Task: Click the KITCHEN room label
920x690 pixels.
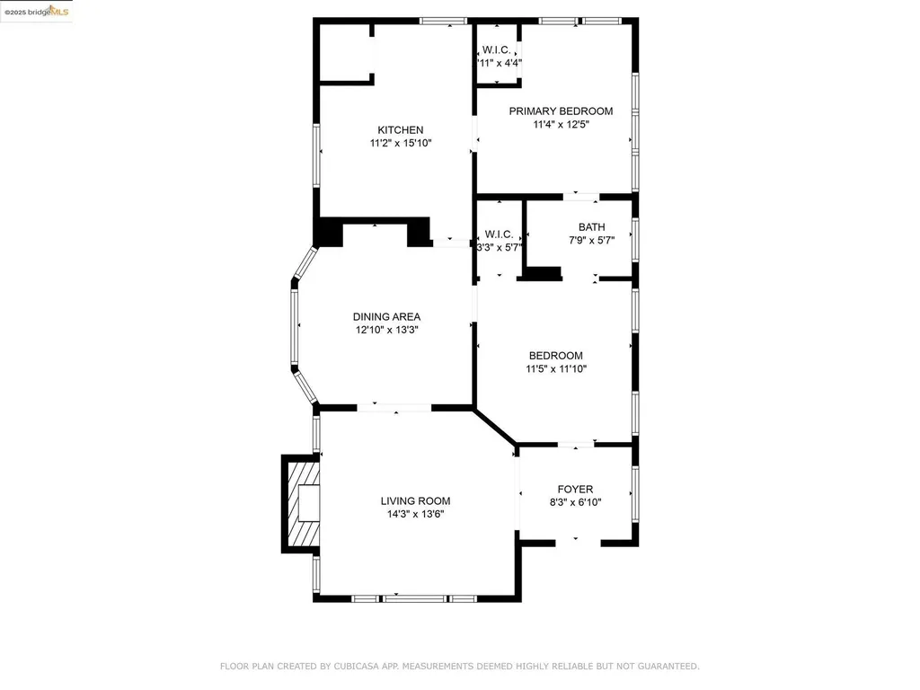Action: (400, 130)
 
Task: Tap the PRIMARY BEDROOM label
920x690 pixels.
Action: (561, 111)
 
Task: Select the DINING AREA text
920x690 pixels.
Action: (386, 316)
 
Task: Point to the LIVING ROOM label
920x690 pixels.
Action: (415, 501)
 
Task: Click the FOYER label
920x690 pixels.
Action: (575, 490)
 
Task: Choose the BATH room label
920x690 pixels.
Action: (591, 227)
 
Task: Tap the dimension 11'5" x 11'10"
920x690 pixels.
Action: (555, 368)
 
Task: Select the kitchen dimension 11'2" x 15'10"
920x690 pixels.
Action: (401, 143)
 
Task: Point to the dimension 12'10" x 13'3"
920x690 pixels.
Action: (386, 330)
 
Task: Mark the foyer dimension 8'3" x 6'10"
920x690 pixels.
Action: (575, 502)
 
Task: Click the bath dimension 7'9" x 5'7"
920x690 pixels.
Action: (591, 240)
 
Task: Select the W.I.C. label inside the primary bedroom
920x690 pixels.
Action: (497, 50)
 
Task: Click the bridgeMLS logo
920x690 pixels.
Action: (36, 11)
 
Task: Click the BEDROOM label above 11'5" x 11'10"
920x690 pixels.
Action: (555, 356)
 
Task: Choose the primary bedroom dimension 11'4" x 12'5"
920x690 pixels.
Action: (561, 125)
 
